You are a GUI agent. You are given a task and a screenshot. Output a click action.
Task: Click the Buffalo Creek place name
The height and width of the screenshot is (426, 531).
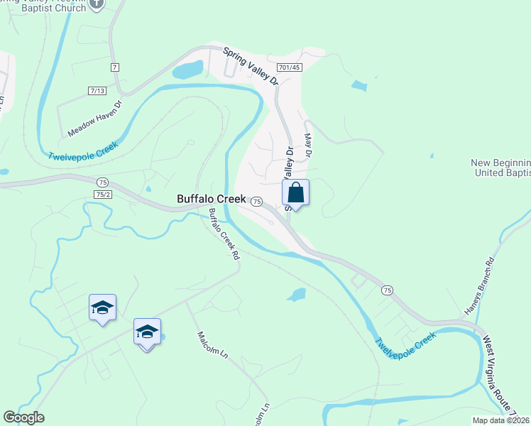pyautogui.click(x=212, y=200)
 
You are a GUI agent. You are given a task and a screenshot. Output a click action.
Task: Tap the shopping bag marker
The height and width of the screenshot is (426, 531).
pyautogui.click(x=296, y=192)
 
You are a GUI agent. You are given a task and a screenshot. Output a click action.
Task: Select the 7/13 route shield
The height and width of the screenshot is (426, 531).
pyautogui.click(x=97, y=90)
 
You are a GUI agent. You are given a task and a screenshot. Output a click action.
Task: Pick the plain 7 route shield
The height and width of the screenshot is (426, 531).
pyautogui.click(x=114, y=67)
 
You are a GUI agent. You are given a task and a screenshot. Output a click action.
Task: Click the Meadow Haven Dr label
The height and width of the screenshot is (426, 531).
pyautogui.click(x=95, y=119)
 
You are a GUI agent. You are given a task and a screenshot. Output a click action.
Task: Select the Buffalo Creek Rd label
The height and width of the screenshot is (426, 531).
pyautogui.click(x=223, y=234)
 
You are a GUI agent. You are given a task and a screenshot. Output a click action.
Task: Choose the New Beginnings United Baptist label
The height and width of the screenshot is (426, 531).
pyautogui.click(x=501, y=168)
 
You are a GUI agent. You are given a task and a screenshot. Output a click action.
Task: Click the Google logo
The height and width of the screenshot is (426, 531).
pyautogui.click(x=23, y=417)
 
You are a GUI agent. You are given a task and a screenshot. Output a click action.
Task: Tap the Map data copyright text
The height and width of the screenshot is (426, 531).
pyautogui.click(x=501, y=420)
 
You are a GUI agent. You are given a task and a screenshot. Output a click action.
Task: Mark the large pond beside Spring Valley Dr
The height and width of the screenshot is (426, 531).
pyautogui.click(x=187, y=70)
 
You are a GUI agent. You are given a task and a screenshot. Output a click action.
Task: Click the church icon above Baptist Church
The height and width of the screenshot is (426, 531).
pyautogui.click(x=98, y=4)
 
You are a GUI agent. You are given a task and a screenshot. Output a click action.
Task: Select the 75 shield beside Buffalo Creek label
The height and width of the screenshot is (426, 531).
pyautogui.click(x=257, y=202)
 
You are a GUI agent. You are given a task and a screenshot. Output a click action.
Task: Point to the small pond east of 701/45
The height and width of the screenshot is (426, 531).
pyautogui.click(x=359, y=87)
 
